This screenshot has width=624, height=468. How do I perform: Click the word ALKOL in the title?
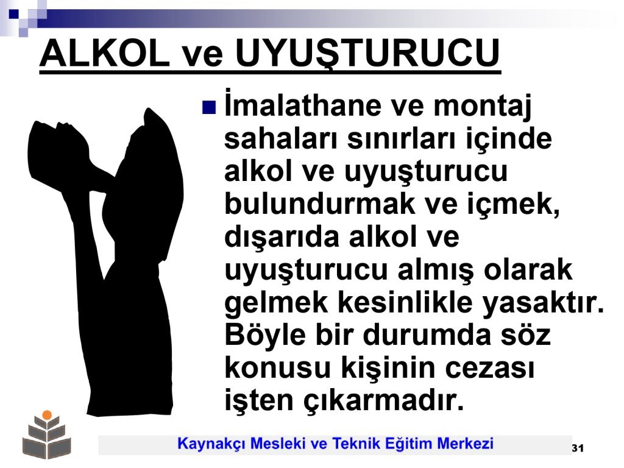(105, 54)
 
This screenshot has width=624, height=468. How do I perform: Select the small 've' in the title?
(202, 56)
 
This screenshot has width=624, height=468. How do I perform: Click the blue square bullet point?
(209, 107)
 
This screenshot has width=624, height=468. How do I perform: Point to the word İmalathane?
(303, 105)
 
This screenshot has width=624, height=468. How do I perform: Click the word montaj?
(483, 107)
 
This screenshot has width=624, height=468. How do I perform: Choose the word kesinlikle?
(405, 302)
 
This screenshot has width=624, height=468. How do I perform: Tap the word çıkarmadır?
(384, 401)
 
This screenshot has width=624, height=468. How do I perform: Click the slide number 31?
(578, 448)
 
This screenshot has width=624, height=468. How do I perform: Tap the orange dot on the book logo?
(48, 414)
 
